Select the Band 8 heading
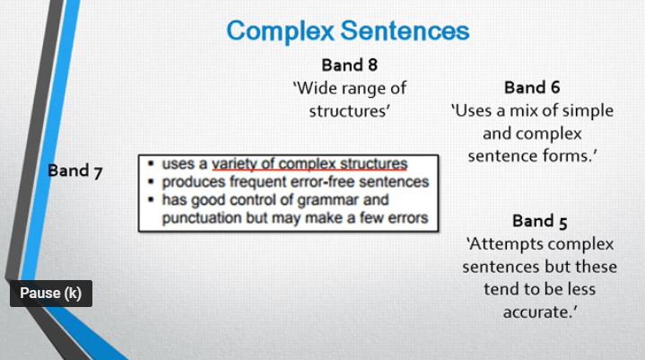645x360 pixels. tap(351, 66)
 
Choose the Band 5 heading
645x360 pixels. tap(540, 220)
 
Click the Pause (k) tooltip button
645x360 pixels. tap(51, 294)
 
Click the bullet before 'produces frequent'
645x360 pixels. tap(152, 181)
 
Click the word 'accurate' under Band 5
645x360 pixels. tap(537, 312)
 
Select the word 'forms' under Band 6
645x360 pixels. tap(573, 156)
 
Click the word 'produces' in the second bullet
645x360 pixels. tap(194, 181)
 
